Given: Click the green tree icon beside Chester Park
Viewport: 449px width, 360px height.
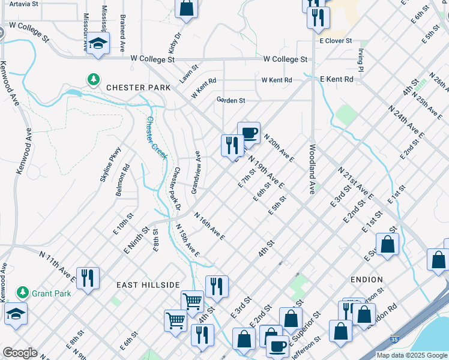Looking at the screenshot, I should click(93, 79).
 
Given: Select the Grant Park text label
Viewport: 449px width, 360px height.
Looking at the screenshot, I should click(52, 293).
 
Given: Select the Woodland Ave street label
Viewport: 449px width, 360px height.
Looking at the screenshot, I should click(312, 169).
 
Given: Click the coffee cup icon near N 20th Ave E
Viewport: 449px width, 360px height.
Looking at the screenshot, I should click(249, 133).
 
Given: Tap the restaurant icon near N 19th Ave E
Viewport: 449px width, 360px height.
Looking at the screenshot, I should click(232, 145).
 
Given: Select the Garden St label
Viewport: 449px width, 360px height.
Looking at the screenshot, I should click(231, 100).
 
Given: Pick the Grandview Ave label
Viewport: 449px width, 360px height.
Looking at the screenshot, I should click(195, 172).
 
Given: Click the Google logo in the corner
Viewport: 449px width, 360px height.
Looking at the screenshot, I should click(20, 353).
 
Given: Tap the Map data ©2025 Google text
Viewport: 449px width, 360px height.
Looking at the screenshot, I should click(411, 355).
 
